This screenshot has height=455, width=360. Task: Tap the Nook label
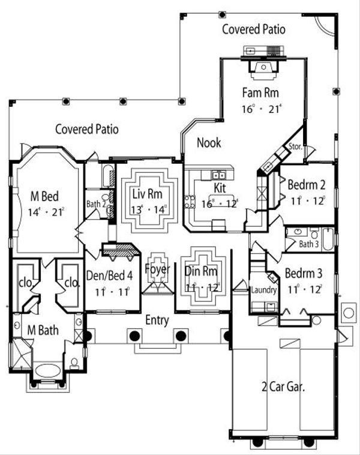[x=209, y=142]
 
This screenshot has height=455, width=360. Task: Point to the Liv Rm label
[x=146, y=195]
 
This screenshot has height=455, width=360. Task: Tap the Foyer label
[x=158, y=268]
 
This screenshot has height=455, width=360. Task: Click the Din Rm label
[x=200, y=271]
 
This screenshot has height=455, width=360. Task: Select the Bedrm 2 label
[x=306, y=184]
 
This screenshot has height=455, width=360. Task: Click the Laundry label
[x=264, y=291]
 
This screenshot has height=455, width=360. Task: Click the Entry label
[x=157, y=321]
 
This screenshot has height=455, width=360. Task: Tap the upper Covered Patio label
[x=254, y=29]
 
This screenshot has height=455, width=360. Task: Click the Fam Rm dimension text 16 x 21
[x=261, y=109]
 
